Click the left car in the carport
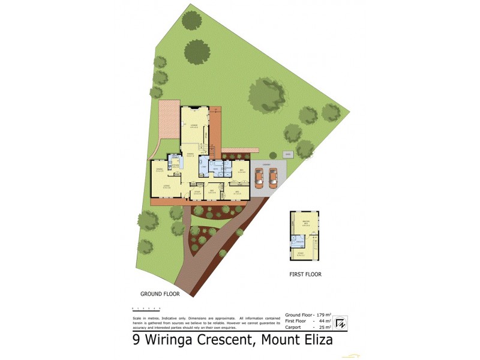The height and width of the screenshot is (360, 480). click(259, 178)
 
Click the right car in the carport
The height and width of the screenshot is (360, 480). click(274, 178)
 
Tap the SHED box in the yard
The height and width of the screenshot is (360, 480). click(288, 154)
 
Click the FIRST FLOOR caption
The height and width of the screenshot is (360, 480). click(305, 274)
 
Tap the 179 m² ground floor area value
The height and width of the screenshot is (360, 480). click(325, 315)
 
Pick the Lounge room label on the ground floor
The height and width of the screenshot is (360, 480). click(194, 126)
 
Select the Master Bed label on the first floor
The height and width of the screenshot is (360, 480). click(305, 225)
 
